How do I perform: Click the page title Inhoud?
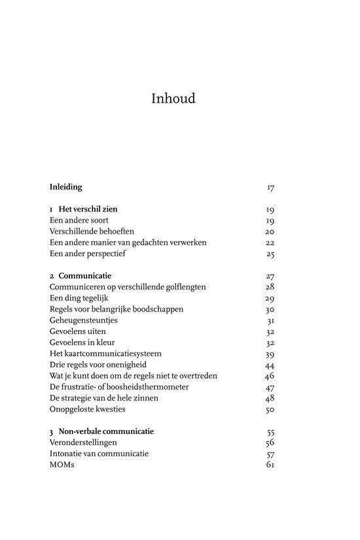(173, 99)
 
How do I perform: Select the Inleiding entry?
(66, 187)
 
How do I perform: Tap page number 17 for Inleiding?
(270, 188)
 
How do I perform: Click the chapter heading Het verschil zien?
(88, 209)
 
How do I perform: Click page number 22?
(270, 243)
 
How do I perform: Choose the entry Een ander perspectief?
(88, 254)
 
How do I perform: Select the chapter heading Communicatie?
(86, 276)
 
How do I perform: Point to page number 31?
(270, 321)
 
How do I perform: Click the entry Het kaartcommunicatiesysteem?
(105, 354)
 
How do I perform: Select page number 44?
(270, 365)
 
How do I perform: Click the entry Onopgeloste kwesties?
(87, 410)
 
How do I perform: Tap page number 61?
(270, 465)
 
